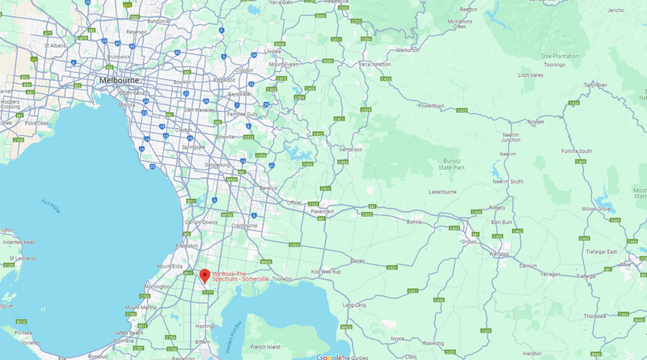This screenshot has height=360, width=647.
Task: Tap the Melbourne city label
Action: pyautogui.click(x=118, y=81)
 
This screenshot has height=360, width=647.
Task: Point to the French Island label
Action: pyautogui.click(x=265, y=346)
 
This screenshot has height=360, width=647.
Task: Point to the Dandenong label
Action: pyautogui.click(x=216, y=164)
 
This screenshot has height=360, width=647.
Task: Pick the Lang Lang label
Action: pyautogui.click(x=355, y=305)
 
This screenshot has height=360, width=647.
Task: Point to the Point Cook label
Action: pyautogui.click(x=36, y=123)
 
